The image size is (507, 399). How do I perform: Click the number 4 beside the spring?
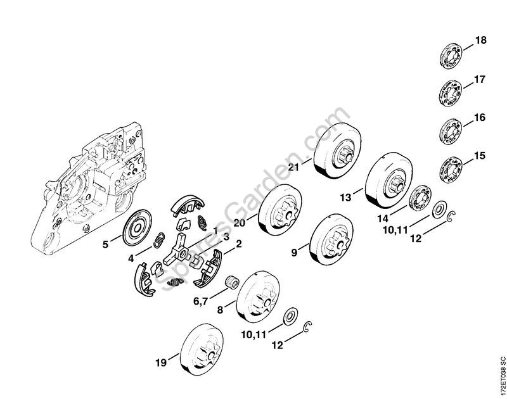pyautogui.click(x=130, y=258)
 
